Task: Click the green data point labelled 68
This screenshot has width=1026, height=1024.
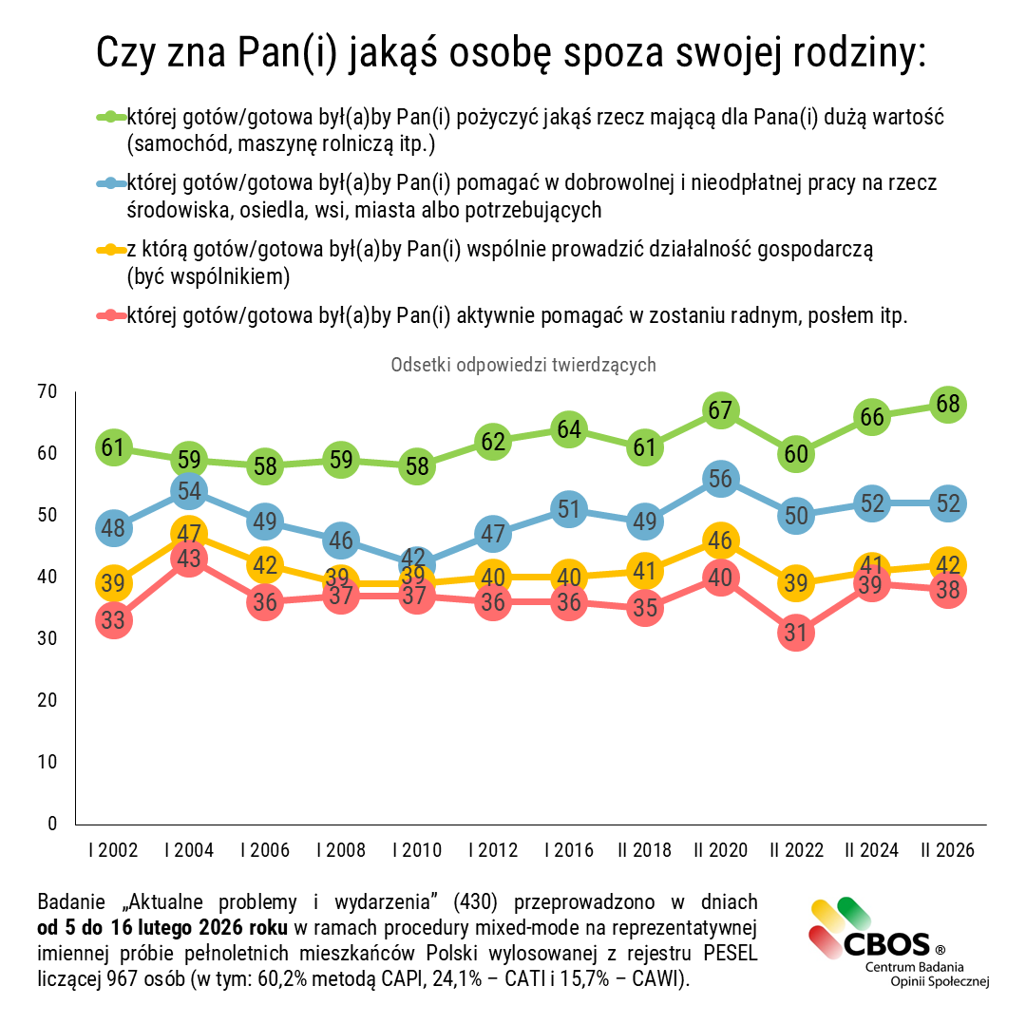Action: coord(947,404)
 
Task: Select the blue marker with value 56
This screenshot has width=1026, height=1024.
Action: coord(720,479)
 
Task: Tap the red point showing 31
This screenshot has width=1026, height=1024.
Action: coord(796,633)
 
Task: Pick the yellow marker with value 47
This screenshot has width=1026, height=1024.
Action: coord(189,534)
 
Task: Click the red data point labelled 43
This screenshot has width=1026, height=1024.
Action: coord(189,559)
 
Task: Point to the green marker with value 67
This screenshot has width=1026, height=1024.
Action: coord(720,410)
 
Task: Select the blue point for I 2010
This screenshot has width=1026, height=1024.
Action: coord(416,563)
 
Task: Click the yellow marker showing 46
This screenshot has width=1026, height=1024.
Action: coord(720,540)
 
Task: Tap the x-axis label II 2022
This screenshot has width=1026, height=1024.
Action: coord(796,850)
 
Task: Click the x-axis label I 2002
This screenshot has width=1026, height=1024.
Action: coord(113,850)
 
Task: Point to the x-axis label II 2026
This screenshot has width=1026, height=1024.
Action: coord(947,850)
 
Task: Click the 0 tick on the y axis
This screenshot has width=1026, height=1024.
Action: coord(53,824)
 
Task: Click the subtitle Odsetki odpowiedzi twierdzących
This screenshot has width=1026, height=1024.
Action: coord(523,365)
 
